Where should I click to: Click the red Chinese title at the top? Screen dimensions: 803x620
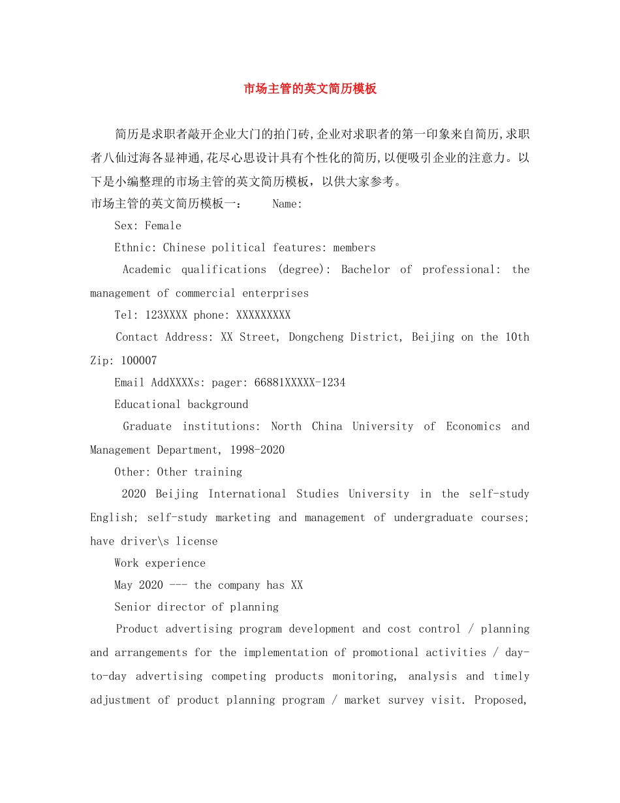point(310,89)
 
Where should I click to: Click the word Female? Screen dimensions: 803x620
point(163,226)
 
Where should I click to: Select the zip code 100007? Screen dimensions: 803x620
point(139,360)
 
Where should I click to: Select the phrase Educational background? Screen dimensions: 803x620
point(181,405)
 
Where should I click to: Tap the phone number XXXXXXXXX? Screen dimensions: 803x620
point(263,315)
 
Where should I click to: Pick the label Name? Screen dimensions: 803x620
point(287,204)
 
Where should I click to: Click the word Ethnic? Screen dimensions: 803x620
point(135,248)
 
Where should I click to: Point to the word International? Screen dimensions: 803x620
point(247,494)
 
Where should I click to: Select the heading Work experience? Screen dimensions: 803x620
point(160,563)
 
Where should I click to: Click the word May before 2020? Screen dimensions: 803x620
point(123,586)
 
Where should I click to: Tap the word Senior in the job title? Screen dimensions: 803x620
point(132,607)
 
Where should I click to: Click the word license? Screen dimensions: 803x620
point(196,541)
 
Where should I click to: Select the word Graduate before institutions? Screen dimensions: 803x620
point(147,427)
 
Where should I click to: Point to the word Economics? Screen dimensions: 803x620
point(473,427)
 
